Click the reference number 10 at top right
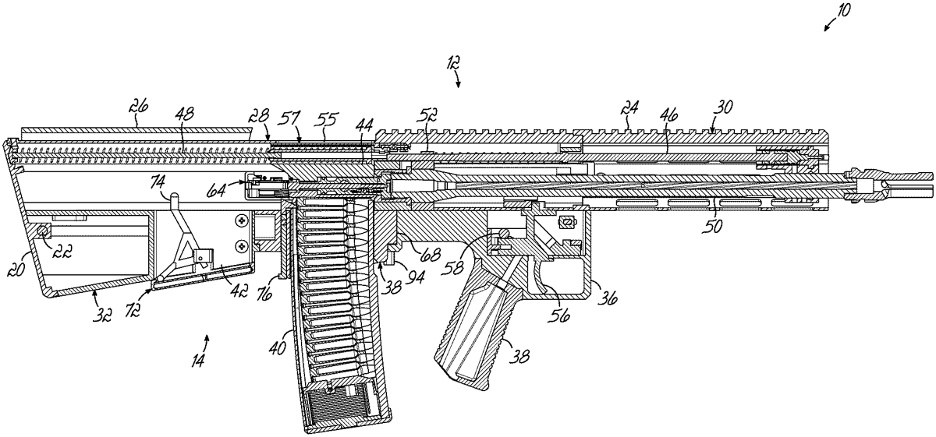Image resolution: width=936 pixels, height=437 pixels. (844, 10)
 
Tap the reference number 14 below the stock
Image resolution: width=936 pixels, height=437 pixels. (198, 360)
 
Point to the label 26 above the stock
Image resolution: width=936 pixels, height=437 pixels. (139, 107)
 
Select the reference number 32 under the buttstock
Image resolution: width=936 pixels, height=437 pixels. (102, 315)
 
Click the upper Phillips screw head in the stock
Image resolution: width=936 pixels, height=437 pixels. (241, 220)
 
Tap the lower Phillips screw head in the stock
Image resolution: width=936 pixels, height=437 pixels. (241, 247)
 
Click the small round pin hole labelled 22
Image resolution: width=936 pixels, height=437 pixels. (43, 230)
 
